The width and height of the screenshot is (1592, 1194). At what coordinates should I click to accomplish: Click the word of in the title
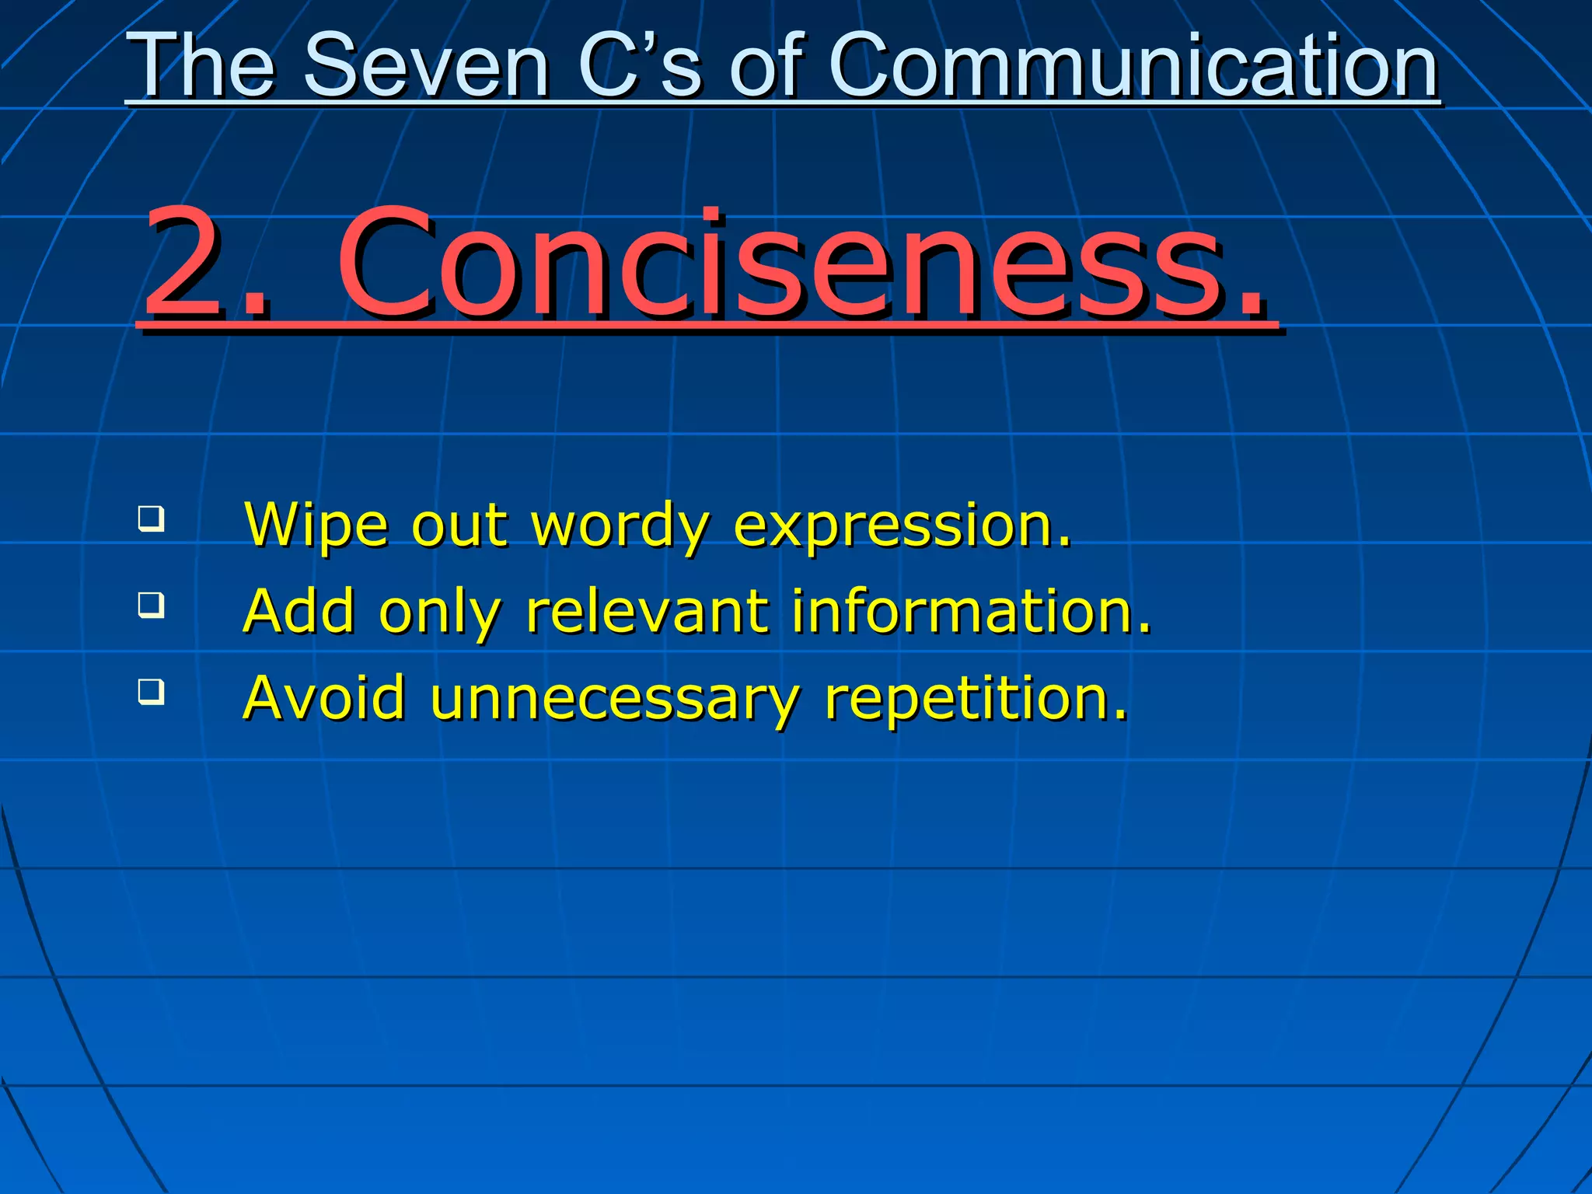pyautogui.click(x=765, y=67)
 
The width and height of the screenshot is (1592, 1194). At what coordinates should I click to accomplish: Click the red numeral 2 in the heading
pyautogui.click(x=185, y=264)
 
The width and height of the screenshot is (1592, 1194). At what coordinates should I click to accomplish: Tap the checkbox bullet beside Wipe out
pyautogui.click(x=152, y=518)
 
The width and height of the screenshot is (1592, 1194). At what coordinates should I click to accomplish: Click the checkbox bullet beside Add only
pyautogui.click(x=152, y=605)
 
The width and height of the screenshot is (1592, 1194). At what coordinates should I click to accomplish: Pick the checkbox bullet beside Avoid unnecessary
pyautogui.click(x=152, y=691)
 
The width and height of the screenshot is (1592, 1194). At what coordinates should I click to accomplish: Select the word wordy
pyautogui.click(x=620, y=527)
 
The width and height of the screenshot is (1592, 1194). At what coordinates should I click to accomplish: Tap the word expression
pyautogui.click(x=902, y=527)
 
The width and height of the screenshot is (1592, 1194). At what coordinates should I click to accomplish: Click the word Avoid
pyautogui.click(x=324, y=697)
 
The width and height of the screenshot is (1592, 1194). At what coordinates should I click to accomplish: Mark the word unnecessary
pyautogui.click(x=614, y=699)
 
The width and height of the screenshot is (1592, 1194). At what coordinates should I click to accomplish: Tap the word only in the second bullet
pyautogui.click(x=439, y=613)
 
